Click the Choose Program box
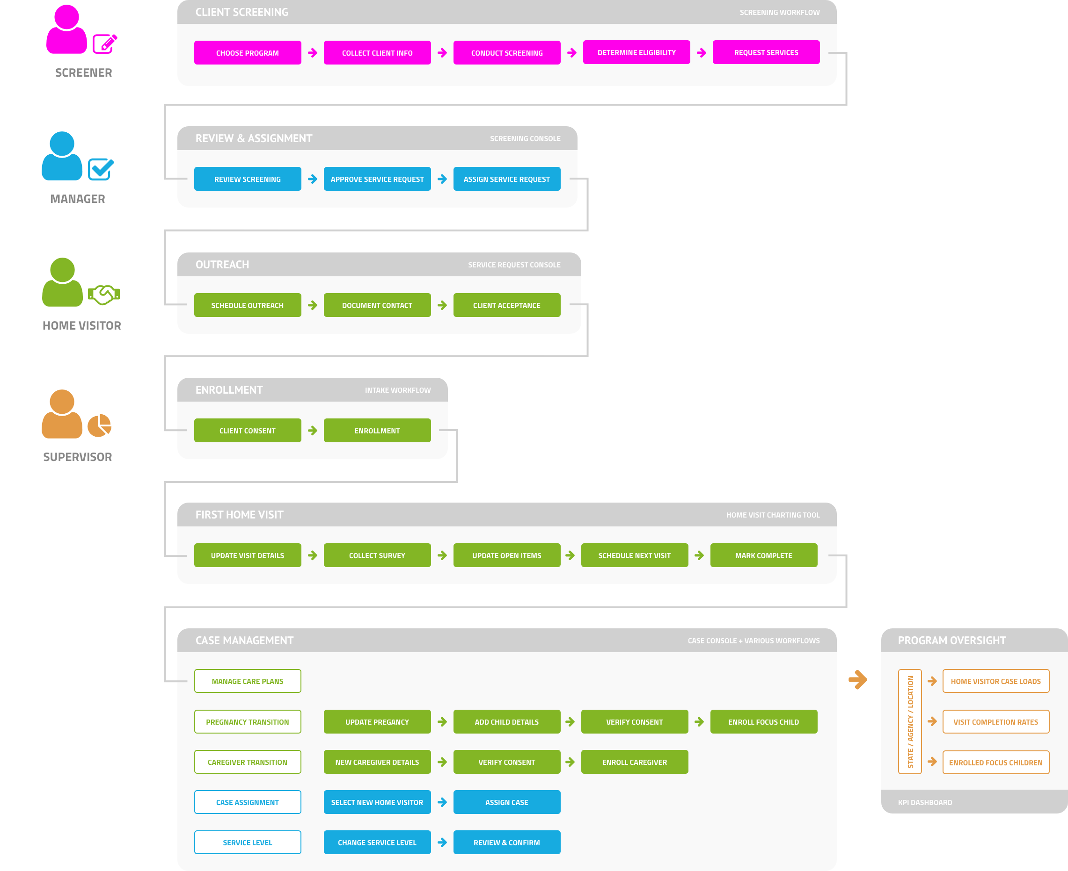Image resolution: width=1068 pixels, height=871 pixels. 248,53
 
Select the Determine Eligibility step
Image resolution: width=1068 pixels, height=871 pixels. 636,52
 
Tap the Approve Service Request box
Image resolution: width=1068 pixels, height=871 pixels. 377,179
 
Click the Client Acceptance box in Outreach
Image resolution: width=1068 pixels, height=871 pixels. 507,305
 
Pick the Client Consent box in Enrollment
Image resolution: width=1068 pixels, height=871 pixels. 248,431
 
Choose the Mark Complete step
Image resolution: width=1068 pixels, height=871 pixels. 763,555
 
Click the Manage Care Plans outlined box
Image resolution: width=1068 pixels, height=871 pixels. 248,681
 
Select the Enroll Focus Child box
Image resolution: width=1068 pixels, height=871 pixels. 763,722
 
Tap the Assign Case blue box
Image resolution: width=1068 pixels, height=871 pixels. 507,802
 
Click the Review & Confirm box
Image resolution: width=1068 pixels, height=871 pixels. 507,842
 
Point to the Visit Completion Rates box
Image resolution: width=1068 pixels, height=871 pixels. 995,722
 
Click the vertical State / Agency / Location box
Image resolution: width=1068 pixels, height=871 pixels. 910,721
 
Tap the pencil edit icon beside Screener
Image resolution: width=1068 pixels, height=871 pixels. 105,44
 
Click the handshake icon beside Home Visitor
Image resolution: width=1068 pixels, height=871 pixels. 104,295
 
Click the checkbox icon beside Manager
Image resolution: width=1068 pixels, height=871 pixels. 101,169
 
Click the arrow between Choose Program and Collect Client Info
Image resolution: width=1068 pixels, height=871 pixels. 313,53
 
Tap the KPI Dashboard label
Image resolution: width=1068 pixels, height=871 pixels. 924,802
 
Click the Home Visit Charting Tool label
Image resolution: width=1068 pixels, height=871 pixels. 772,515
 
